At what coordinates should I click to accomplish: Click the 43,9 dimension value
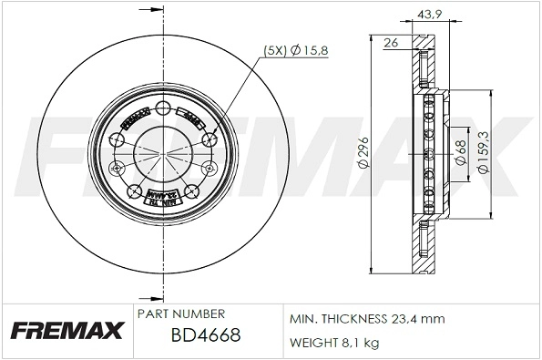[x=428, y=13]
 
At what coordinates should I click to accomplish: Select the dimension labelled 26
[x=391, y=41]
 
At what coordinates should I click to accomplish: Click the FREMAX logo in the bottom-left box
[x=66, y=331]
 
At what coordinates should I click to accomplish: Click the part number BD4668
[x=206, y=336]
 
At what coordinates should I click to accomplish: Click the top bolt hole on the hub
[x=164, y=110]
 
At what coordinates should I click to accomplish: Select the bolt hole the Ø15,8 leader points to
[x=209, y=138]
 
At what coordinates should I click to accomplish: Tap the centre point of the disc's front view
[x=164, y=154]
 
